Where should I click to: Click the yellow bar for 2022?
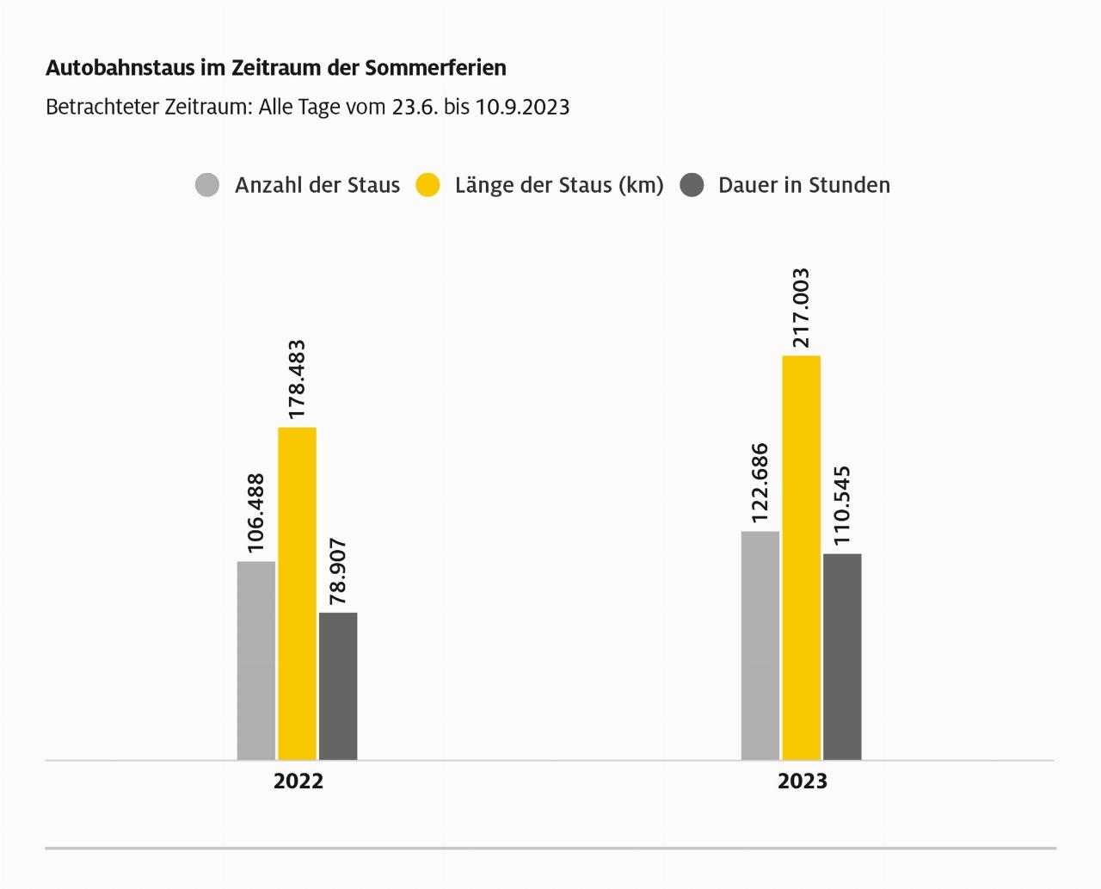(x=297, y=593)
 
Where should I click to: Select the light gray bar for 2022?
(x=256, y=660)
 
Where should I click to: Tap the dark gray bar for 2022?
(x=338, y=686)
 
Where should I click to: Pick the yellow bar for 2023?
(x=801, y=558)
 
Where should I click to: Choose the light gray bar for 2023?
(x=760, y=645)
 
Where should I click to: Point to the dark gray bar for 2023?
(x=842, y=657)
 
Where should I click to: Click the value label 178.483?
(x=297, y=380)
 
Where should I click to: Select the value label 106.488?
(x=256, y=513)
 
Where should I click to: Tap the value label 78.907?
(x=338, y=571)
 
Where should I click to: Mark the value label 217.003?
(x=801, y=308)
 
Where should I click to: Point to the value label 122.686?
(x=760, y=483)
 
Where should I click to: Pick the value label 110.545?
(x=842, y=505)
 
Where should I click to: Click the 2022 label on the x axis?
(x=298, y=781)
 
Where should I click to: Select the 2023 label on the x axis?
(x=803, y=781)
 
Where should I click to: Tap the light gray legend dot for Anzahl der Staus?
(x=207, y=185)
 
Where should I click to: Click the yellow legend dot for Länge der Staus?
(x=427, y=185)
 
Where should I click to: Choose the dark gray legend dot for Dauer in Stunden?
(x=692, y=185)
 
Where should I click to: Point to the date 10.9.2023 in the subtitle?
(x=522, y=108)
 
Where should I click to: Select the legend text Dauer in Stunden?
(x=804, y=185)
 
